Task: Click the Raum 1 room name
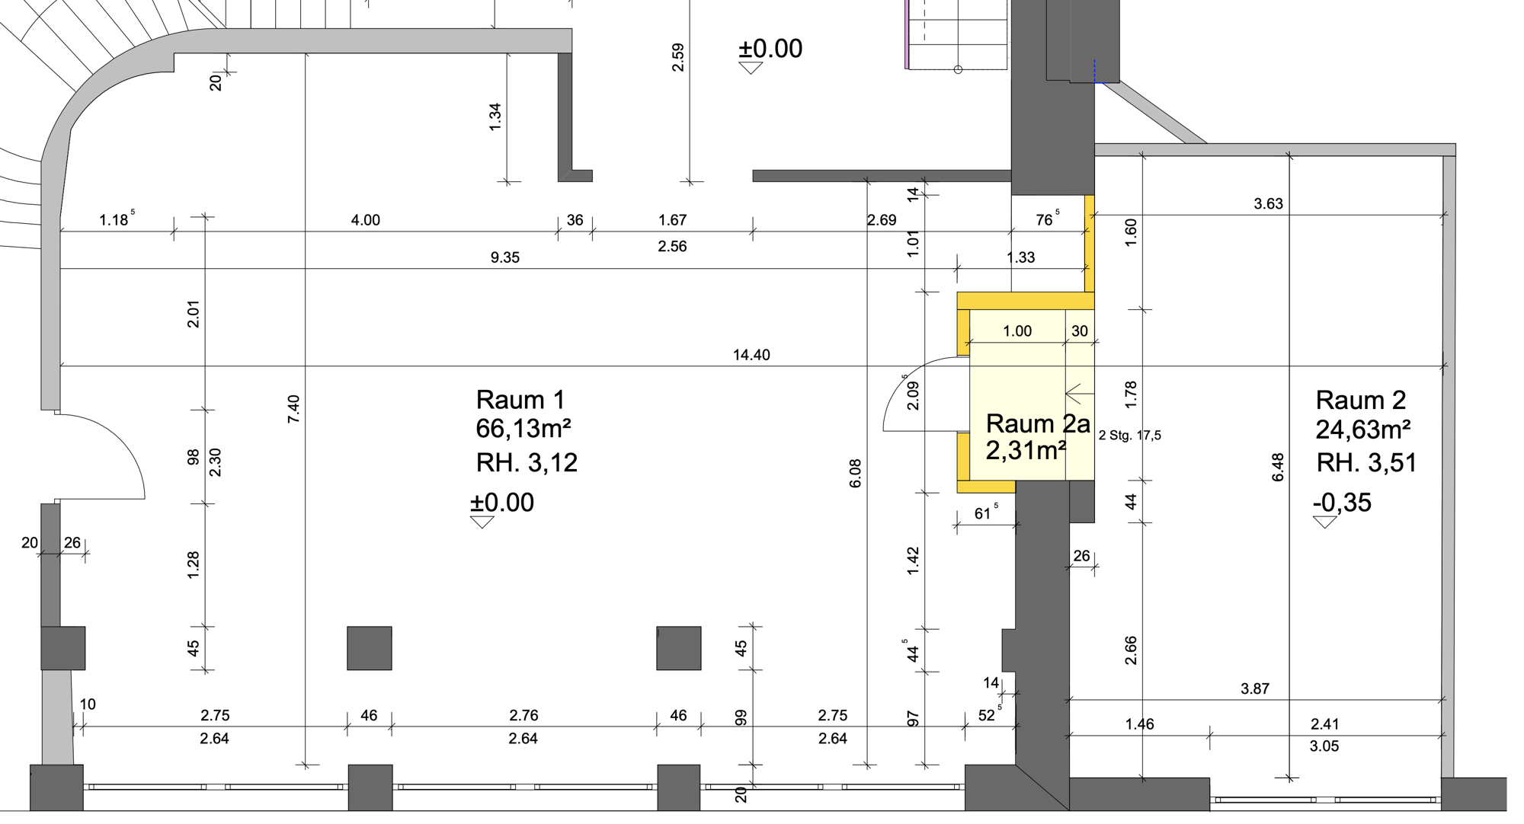point(520,400)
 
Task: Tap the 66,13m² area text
point(523,429)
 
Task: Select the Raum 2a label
point(1038,423)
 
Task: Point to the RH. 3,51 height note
point(1366,463)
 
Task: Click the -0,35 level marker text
point(1342,503)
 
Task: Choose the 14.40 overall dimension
point(751,355)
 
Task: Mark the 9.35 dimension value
point(505,257)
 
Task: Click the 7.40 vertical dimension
point(294,409)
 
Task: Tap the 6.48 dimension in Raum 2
point(1278,467)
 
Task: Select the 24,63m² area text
point(1363,430)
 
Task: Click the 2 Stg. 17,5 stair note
point(1130,436)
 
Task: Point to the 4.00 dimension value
point(366,220)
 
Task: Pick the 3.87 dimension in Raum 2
point(1255,689)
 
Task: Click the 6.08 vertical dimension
point(855,473)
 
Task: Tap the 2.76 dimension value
point(523,715)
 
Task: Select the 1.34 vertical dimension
point(495,117)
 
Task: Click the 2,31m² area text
point(1026,450)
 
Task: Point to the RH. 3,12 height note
point(527,463)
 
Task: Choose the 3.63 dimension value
point(1269,204)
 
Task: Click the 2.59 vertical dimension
point(677,58)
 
